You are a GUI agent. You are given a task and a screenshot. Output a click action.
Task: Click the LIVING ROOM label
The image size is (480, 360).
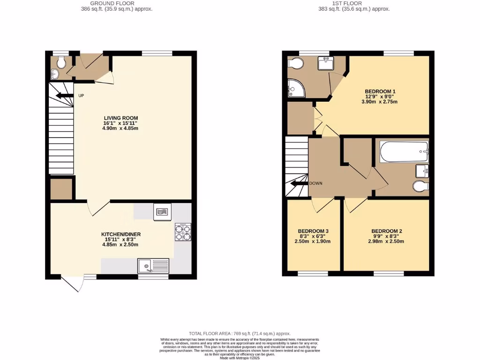coord(120,118)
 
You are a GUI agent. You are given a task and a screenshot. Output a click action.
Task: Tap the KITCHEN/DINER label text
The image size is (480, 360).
coord(121,234)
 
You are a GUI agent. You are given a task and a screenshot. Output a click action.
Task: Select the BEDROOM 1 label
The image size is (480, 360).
coord(380,91)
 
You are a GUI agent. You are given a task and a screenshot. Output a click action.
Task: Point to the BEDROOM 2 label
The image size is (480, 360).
coord(387,231)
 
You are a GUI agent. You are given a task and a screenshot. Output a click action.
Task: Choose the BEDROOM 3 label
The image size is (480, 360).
coord(313,231)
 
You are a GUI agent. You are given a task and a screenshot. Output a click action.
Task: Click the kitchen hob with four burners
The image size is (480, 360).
coord(181,232)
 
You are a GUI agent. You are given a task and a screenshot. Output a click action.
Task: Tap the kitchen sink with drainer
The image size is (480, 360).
coord(153,266)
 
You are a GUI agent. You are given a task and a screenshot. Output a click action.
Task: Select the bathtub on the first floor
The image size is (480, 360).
coord(404,152)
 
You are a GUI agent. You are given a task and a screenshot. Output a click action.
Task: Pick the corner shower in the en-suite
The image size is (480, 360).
coord(295,88)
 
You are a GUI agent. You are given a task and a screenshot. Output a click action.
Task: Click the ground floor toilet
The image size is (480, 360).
coord(59,62)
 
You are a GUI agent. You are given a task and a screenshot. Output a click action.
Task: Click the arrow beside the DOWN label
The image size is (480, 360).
coord(297,183)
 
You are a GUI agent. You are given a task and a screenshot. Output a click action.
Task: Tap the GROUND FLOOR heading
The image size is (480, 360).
coord(117,3)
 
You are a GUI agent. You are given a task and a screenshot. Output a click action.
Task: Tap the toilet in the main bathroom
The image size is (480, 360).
coord(420,186)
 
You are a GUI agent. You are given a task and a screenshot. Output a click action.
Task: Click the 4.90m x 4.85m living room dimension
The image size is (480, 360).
coord(120,128)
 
